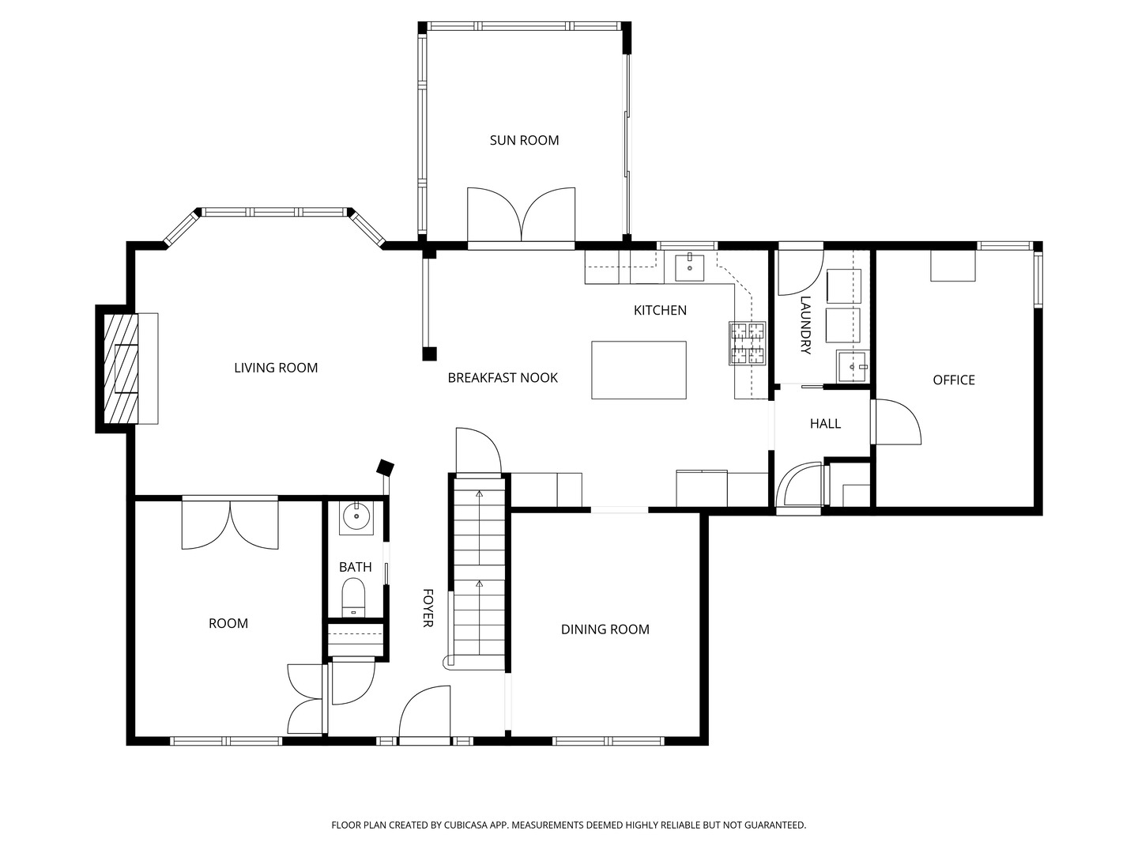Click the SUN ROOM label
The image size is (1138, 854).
(x=524, y=140)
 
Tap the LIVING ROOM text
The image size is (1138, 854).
(x=276, y=368)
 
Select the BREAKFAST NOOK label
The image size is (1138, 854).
(x=503, y=378)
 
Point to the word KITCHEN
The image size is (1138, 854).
(x=660, y=310)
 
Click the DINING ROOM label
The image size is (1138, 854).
(x=605, y=629)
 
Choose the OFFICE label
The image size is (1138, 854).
(x=953, y=380)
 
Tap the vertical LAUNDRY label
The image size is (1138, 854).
(x=805, y=325)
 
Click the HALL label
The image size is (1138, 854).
(x=824, y=424)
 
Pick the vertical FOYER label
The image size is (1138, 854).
(x=428, y=607)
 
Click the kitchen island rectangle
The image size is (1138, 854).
(x=639, y=370)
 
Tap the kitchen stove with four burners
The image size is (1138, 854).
(x=748, y=343)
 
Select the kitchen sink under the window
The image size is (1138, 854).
(x=690, y=266)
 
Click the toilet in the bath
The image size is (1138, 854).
(x=353, y=595)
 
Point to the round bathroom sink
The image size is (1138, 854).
(x=356, y=516)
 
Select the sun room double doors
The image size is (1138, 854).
(x=521, y=215)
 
